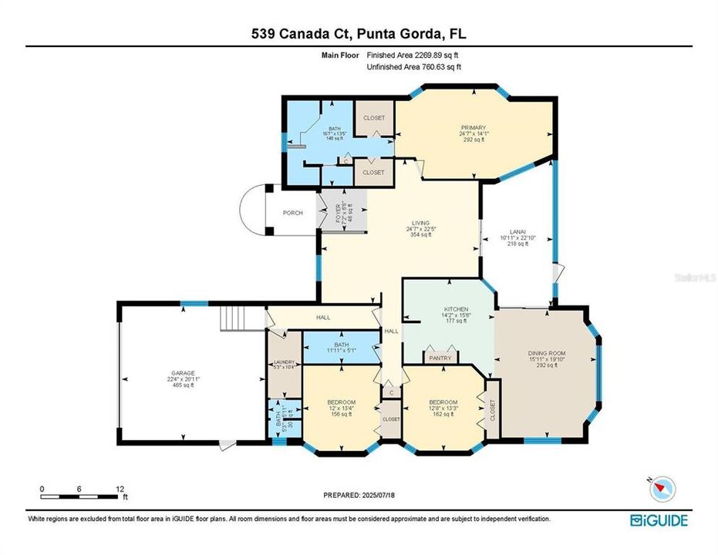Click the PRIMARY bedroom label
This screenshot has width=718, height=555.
point(472,127)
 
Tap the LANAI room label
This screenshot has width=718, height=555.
point(518,231)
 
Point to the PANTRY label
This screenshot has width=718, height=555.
point(440,358)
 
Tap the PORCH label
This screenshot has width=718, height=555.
point(292,213)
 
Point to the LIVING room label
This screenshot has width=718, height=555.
point(420,223)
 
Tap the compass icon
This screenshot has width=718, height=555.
point(663,488)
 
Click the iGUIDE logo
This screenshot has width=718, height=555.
point(659,520)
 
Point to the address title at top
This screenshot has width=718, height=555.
point(359,33)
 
